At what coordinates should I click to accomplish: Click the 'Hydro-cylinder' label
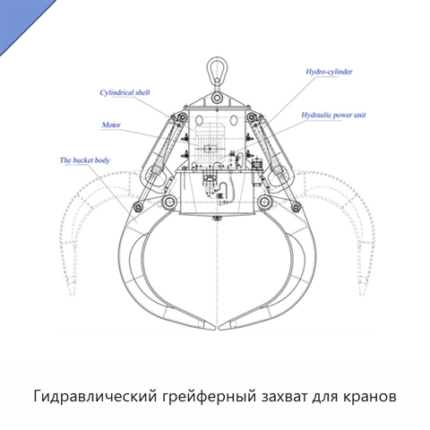(x=329, y=72)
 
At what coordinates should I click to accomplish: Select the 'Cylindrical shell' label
(x=125, y=92)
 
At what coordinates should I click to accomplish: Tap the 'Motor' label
(x=111, y=125)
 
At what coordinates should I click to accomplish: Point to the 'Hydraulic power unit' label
(x=333, y=115)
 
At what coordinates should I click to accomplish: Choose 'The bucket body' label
(x=85, y=160)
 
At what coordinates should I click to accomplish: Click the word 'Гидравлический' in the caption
(x=95, y=397)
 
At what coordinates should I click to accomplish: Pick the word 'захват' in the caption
(x=284, y=397)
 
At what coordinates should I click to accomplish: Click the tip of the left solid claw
(x=214, y=328)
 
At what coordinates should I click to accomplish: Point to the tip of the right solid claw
(x=220, y=328)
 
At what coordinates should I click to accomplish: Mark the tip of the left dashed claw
(x=72, y=295)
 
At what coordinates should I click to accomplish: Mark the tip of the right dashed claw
(x=362, y=295)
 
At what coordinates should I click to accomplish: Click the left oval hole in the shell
(x=198, y=120)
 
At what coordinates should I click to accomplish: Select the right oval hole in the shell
(x=234, y=120)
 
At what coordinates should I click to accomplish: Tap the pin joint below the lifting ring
(x=217, y=98)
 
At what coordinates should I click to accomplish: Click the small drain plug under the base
(x=217, y=219)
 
